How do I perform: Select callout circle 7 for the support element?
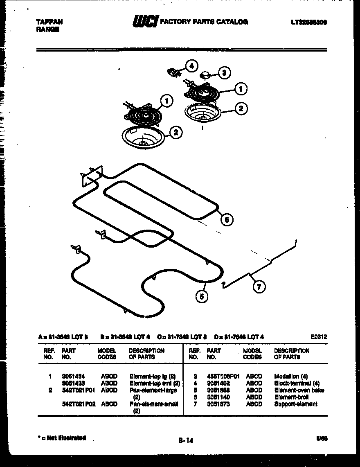258,287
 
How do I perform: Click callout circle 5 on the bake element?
201,297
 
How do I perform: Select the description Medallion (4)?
290,376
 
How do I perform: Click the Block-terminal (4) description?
296,383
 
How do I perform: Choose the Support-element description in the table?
295,404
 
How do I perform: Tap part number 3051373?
218,404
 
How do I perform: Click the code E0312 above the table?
319,337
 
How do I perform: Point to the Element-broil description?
291,397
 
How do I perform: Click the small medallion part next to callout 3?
205,75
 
